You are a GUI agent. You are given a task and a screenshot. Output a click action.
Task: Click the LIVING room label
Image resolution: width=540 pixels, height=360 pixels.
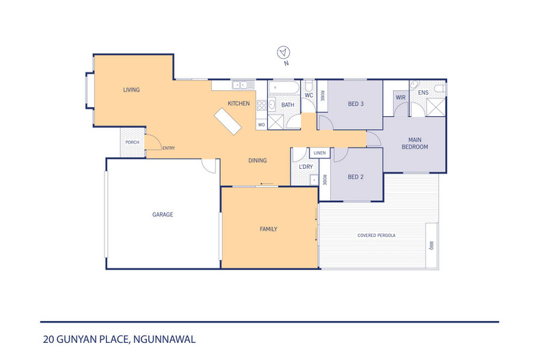click(131, 89)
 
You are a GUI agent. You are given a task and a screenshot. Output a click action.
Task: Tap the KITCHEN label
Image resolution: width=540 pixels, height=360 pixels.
click(239, 104)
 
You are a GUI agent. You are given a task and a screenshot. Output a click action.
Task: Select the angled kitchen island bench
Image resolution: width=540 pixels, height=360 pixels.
click(228, 122)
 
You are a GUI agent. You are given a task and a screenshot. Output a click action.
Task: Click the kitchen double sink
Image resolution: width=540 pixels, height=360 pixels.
click(241, 85)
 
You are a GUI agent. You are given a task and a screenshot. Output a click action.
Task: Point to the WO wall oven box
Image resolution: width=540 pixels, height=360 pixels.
click(260, 125)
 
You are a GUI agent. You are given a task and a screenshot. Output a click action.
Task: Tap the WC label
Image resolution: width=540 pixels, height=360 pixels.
click(308, 95)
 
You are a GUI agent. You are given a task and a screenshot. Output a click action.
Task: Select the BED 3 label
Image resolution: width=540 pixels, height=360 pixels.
click(355, 104)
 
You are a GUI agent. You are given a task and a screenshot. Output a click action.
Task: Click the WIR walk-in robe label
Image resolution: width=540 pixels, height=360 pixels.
click(400, 98)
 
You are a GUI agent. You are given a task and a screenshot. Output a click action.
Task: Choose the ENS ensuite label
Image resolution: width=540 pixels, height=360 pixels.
click(423, 92)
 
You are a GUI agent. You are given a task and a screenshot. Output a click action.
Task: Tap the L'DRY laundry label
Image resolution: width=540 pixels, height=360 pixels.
click(306, 167)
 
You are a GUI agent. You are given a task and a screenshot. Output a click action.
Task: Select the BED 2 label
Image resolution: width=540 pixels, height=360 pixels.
click(355, 177)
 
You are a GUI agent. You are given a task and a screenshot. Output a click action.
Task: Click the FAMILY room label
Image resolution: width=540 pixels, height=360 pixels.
click(268, 229)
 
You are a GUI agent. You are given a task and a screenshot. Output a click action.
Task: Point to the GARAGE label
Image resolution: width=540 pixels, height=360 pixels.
click(162, 214)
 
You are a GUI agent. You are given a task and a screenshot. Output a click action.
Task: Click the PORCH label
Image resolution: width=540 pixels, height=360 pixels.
click(133, 142)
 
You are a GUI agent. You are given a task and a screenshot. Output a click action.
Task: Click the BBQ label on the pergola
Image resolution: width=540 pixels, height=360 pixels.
click(431, 245)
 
